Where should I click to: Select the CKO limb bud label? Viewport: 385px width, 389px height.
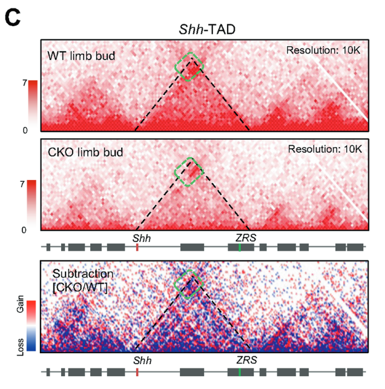85,152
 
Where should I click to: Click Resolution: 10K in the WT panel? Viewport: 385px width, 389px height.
324,50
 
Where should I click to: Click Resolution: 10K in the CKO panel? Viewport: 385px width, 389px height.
324,148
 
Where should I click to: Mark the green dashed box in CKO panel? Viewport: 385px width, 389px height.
189,171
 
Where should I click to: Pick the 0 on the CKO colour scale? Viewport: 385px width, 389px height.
24,230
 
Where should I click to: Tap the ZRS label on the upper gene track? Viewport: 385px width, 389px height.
246,238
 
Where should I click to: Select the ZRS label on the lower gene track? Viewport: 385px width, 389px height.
246,360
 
